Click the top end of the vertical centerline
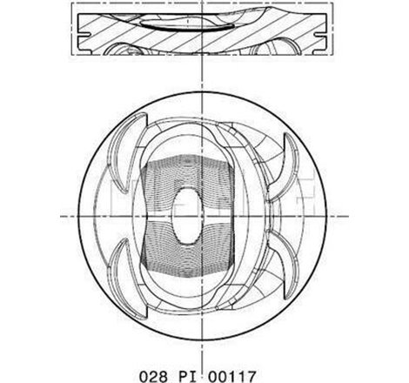[202, 4]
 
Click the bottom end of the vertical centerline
[202, 344]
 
